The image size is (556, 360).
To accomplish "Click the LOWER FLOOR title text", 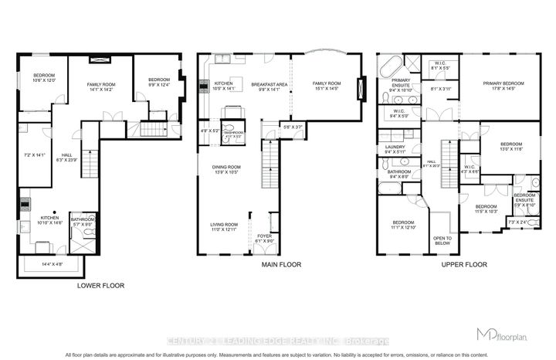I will pyautogui.click(x=100, y=285).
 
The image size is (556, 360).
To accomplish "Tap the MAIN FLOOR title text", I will pyautogui.click(x=280, y=265).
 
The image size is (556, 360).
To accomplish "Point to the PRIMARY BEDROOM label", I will pyautogui.click(x=503, y=84).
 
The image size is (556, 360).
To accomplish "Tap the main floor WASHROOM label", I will pyautogui.click(x=232, y=133).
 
